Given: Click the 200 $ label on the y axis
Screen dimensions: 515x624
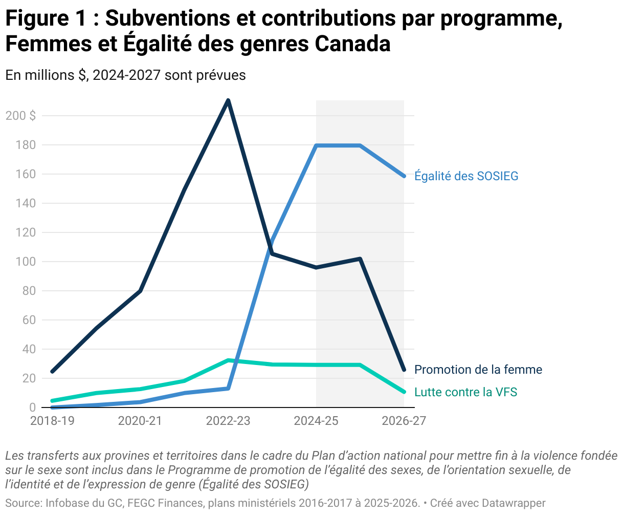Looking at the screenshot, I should click(20, 116).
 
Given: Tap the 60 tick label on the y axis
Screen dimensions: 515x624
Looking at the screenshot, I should click(29, 320).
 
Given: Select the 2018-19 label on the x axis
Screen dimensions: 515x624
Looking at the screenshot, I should click(52, 421).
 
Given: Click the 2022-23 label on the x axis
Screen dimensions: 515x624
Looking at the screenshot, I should click(228, 421).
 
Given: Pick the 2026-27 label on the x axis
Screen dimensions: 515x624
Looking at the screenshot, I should click(404, 421).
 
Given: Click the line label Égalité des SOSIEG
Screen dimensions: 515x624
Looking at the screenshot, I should click(466, 176).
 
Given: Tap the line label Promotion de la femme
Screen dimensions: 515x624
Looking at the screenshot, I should click(478, 370).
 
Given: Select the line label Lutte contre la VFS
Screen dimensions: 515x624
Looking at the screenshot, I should click(465, 392).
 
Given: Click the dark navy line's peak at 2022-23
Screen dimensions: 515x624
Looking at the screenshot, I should click(228, 100).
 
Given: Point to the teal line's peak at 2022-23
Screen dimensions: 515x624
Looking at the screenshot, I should click(228, 360).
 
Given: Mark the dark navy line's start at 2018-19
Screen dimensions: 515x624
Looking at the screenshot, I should click(52, 371).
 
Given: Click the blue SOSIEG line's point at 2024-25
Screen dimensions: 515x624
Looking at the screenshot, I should click(317, 146).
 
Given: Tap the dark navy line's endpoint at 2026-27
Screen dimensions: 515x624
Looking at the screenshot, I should click(404, 370).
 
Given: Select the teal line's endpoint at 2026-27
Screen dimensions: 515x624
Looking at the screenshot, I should click(404, 392).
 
